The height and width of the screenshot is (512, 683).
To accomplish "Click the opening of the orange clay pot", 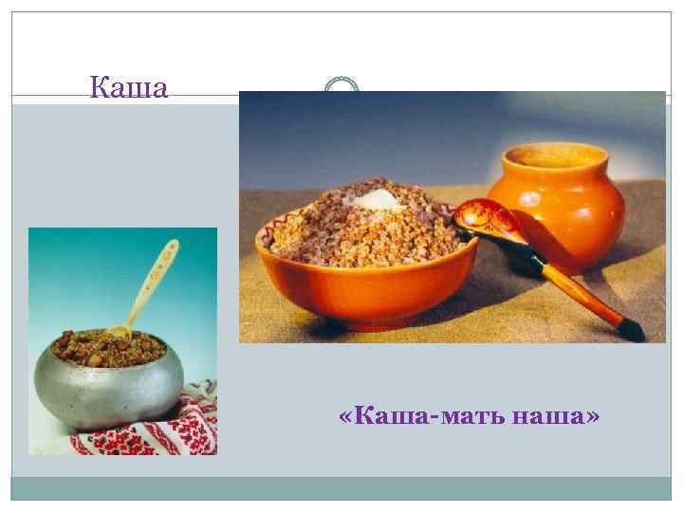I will pos(555,154).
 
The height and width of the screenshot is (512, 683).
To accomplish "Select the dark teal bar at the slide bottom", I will pos(341,487).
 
